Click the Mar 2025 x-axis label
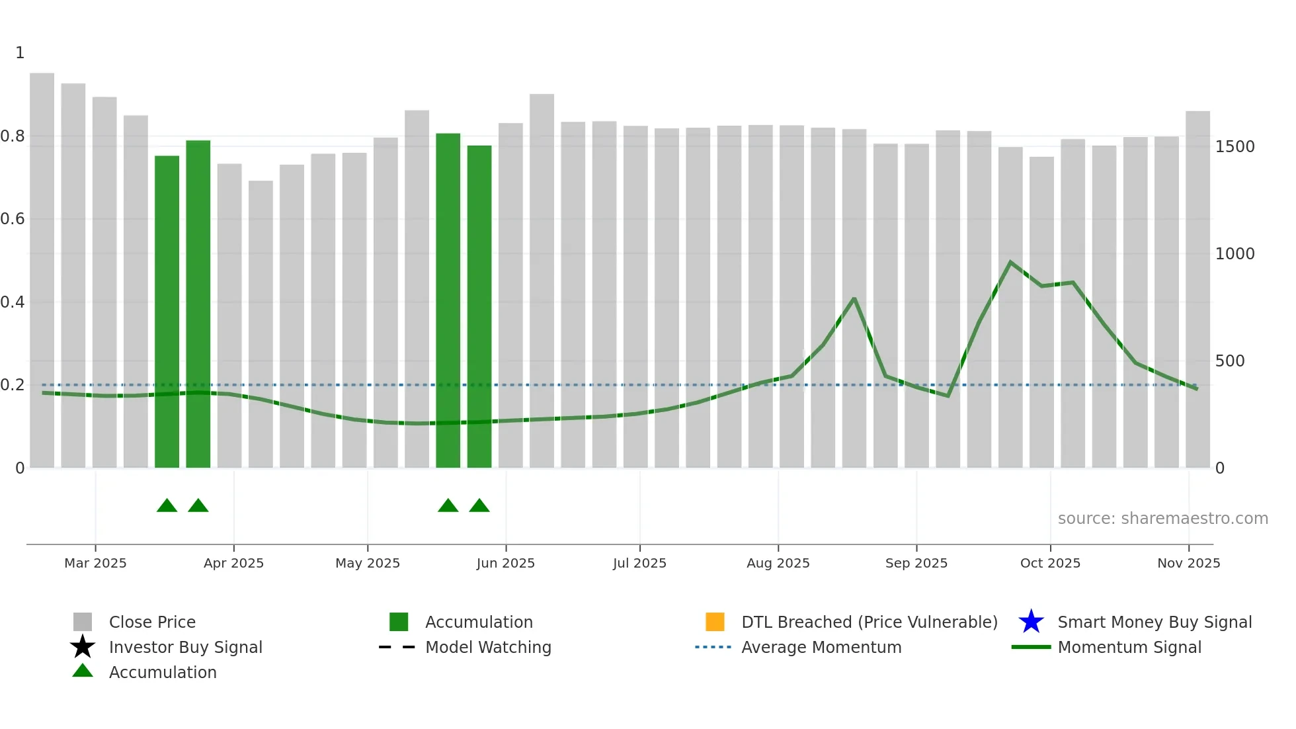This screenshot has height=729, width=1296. click(95, 563)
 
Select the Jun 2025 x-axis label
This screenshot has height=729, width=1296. click(506, 563)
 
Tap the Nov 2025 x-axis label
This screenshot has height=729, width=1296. click(1188, 563)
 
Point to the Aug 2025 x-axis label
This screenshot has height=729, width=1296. click(778, 563)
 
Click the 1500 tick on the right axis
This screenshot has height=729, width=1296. click(1235, 147)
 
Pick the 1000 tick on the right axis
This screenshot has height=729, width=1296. click(1235, 254)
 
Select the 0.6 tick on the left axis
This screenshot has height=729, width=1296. click(13, 219)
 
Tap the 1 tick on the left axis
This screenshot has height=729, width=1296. click(20, 53)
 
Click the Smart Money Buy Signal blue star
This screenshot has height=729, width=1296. click(1031, 622)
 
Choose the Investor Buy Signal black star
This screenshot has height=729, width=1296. click(83, 647)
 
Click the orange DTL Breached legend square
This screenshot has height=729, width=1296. click(715, 622)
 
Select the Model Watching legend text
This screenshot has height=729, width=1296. click(488, 647)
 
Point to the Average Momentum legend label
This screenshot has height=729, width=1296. click(821, 647)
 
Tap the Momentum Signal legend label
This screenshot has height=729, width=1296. click(1129, 647)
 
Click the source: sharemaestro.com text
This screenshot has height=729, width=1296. click(1162, 519)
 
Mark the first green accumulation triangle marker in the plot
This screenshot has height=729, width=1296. click(167, 506)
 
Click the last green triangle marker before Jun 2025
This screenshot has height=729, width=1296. click(479, 506)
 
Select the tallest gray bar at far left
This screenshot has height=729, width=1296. click(42, 265)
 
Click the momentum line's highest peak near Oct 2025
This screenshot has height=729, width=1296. click(1010, 262)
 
